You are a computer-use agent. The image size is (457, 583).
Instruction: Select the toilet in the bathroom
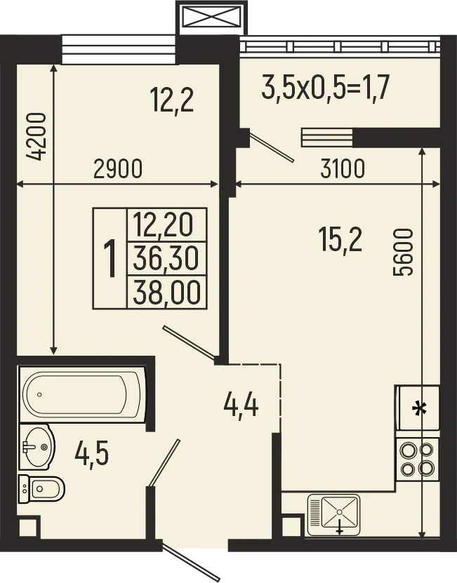(x=43, y=487)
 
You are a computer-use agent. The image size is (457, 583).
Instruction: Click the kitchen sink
(x=334, y=514)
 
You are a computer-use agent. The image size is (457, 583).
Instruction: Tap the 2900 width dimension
(x=117, y=168)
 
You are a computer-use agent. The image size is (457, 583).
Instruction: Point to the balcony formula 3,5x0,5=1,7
(x=325, y=89)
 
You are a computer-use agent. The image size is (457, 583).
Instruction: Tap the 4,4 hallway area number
(x=241, y=405)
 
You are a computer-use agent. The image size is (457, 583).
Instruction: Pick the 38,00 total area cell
(x=166, y=290)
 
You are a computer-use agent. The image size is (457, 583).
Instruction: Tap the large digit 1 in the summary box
(x=110, y=257)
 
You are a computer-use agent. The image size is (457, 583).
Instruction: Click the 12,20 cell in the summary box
(x=166, y=225)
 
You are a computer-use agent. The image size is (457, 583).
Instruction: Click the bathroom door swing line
(x=164, y=462)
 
